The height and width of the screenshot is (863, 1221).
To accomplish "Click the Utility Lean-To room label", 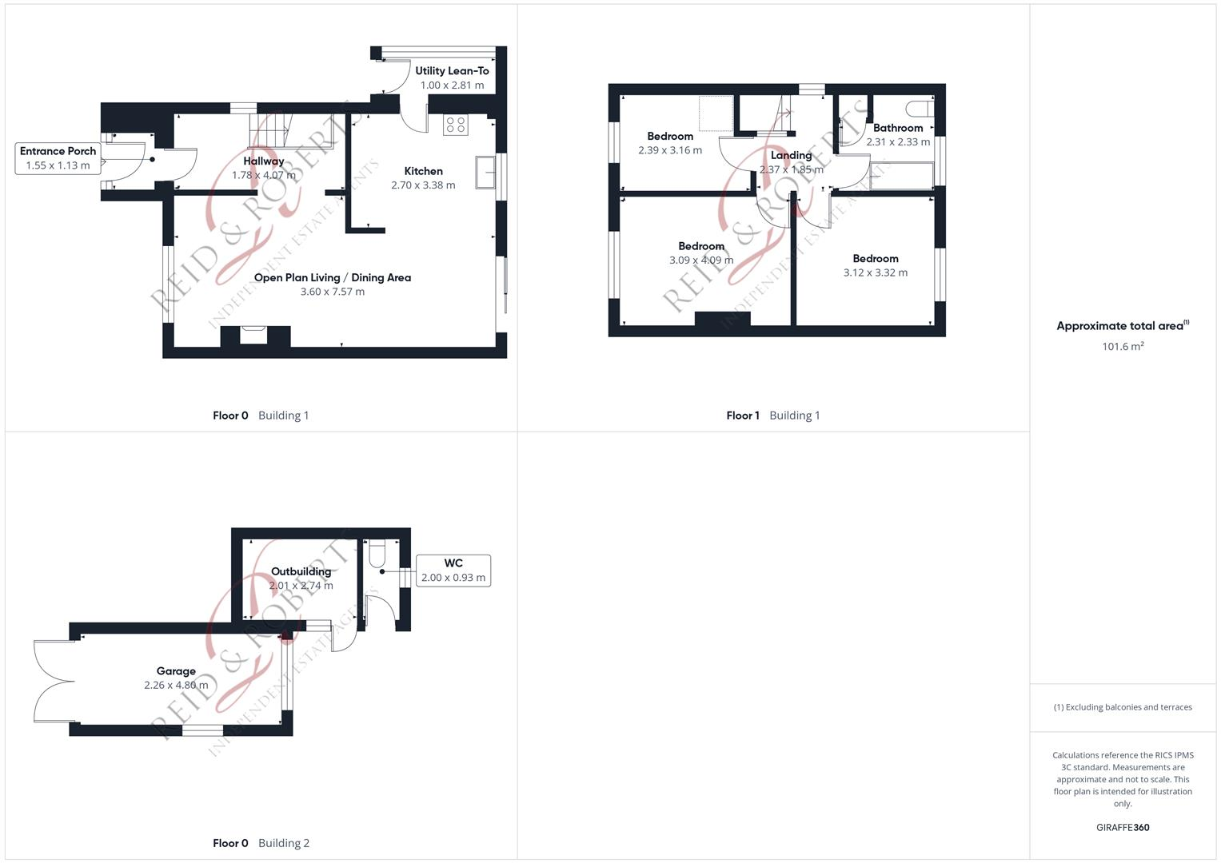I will click(452, 71).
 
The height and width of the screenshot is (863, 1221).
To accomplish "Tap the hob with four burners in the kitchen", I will click(456, 125).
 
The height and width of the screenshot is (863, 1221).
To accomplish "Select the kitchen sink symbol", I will click(485, 172).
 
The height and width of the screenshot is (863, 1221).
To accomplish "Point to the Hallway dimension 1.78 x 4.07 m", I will click(264, 175).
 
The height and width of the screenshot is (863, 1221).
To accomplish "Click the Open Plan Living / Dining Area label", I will click(333, 278).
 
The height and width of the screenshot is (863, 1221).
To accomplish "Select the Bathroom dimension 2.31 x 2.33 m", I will click(898, 142).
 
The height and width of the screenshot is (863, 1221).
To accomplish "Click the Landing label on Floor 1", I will click(791, 156).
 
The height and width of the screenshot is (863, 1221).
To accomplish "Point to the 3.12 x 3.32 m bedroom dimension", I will click(876, 272).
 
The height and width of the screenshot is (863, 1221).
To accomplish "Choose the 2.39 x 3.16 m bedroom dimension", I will click(670, 150).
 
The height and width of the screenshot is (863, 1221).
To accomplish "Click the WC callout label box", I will click(453, 571).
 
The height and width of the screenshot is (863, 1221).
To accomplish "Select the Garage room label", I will click(176, 671).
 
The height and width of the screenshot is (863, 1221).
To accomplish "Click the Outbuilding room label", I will click(301, 571).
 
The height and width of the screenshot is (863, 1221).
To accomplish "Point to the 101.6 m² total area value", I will click(1123, 347).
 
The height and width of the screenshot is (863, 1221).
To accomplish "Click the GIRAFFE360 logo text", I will click(1123, 828).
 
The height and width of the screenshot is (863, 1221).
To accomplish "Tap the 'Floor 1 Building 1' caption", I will click(772, 416).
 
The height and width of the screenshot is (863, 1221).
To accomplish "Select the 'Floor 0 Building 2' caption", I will click(261, 843).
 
